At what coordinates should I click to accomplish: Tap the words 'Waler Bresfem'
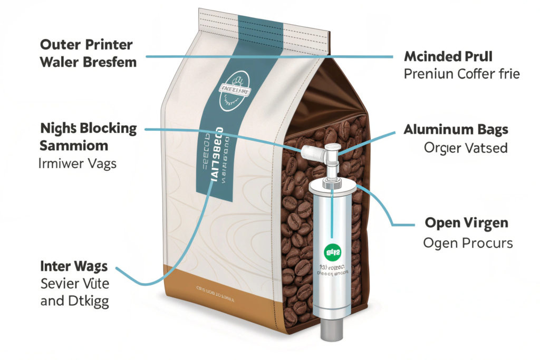[88, 62]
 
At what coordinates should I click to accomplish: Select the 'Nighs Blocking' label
[88, 128]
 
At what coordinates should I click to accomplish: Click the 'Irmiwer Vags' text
[78, 163]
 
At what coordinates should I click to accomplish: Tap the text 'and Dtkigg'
[74, 302]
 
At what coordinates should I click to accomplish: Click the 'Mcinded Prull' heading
[448, 56]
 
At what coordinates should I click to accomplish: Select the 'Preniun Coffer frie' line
[461, 73]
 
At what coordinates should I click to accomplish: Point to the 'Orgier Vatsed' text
[465, 148]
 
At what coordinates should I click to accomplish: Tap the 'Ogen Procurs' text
[468, 243]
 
